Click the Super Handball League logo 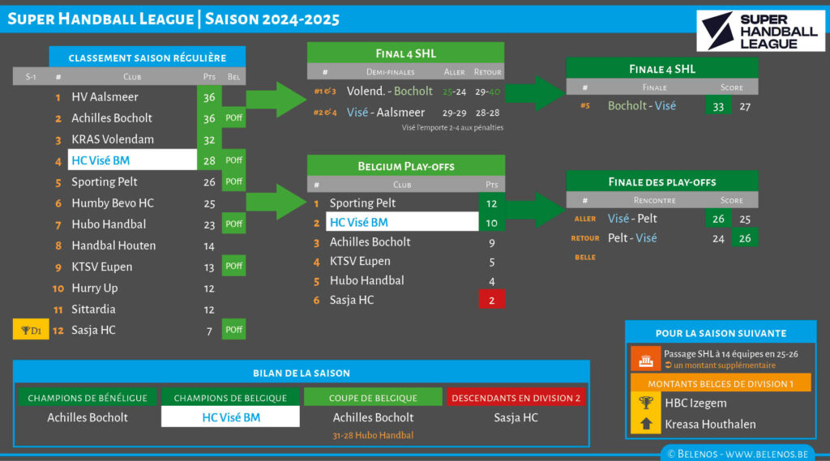click(759, 31)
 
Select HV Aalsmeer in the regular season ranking click(105, 97)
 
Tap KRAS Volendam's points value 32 click(209, 139)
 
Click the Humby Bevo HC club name click(113, 203)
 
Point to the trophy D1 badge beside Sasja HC click(31, 331)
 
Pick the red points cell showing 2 click(491, 301)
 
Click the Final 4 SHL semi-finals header click(405, 53)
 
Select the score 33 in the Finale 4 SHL click(717, 106)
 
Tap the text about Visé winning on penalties click(452, 128)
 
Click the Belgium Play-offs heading click(405, 166)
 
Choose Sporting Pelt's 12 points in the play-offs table click(491, 203)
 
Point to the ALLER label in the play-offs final click(585, 219)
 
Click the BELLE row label click(585, 258)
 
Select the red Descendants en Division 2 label click(517, 398)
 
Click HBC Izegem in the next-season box click(695, 403)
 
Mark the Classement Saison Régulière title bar click(147, 58)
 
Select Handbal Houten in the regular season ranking click(113, 245)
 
